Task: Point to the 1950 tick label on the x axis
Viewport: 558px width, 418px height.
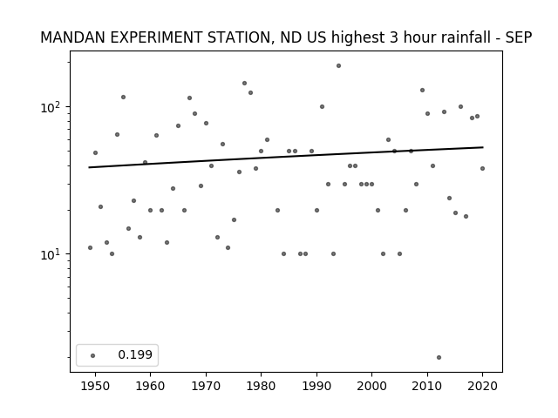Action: click(95, 386)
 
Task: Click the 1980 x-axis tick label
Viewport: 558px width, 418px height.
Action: click(261, 386)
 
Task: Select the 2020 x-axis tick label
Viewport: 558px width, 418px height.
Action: click(482, 386)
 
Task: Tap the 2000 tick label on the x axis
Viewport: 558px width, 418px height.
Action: click(372, 386)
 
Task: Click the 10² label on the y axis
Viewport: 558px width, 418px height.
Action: click(51, 106)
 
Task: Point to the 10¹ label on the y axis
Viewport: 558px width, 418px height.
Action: click(51, 254)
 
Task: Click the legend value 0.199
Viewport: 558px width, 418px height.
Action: click(135, 354)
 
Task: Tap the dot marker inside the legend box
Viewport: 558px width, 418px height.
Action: click(93, 355)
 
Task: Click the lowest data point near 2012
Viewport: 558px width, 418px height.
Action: click(439, 357)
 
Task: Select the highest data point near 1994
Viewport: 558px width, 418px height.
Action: click(338, 66)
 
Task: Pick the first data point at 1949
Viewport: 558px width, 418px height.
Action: click(90, 247)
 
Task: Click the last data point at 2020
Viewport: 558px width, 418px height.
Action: click(482, 168)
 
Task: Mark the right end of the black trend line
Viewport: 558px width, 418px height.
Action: click(483, 147)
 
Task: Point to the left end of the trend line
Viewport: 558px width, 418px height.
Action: click(89, 167)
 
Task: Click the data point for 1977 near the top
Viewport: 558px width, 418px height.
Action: click(244, 84)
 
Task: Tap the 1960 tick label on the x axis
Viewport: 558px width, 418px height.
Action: click(150, 386)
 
